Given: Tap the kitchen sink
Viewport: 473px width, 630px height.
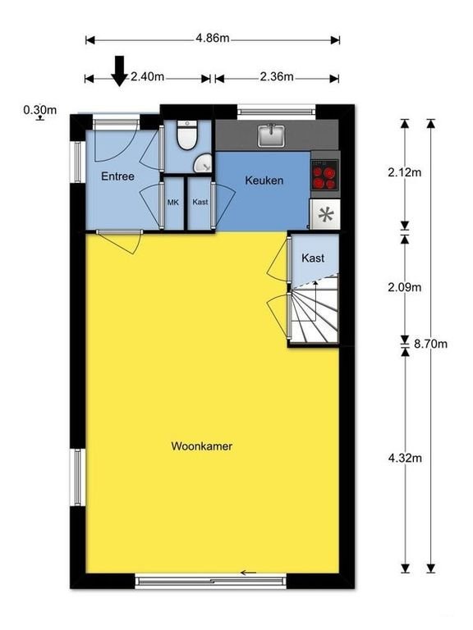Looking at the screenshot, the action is pyautogui.click(x=271, y=135).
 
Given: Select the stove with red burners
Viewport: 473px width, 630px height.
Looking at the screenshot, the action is pyautogui.click(x=325, y=175).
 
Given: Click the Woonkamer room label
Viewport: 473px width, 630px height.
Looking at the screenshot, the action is pyautogui.click(x=201, y=446).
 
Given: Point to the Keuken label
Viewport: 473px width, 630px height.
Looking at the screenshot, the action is pyautogui.click(x=264, y=180).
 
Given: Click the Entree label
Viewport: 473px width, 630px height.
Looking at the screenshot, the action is pyautogui.click(x=117, y=176).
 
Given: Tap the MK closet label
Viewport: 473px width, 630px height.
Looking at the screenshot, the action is pyautogui.click(x=173, y=203).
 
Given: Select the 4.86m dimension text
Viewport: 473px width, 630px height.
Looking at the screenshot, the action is pyautogui.click(x=213, y=39).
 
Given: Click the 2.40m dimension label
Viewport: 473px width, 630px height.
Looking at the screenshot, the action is pyautogui.click(x=148, y=77).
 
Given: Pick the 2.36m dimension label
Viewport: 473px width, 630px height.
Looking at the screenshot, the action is pyautogui.click(x=277, y=77).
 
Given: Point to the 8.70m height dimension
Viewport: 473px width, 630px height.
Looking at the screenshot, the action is pyautogui.click(x=431, y=344).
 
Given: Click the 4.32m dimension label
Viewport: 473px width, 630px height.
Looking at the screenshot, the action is pyautogui.click(x=405, y=458).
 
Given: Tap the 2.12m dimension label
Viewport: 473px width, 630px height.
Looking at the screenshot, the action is pyautogui.click(x=405, y=172).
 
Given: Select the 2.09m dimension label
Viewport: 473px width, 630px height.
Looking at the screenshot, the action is pyautogui.click(x=405, y=287).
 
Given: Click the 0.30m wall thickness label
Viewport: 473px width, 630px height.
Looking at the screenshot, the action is pyautogui.click(x=39, y=110).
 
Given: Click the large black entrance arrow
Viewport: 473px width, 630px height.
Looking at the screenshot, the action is pyautogui.click(x=119, y=71).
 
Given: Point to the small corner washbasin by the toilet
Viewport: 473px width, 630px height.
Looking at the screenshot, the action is pyautogui.click(x=202, y=163).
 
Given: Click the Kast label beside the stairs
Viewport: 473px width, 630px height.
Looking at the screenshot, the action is pyautogui.click(x=313, y=258).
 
